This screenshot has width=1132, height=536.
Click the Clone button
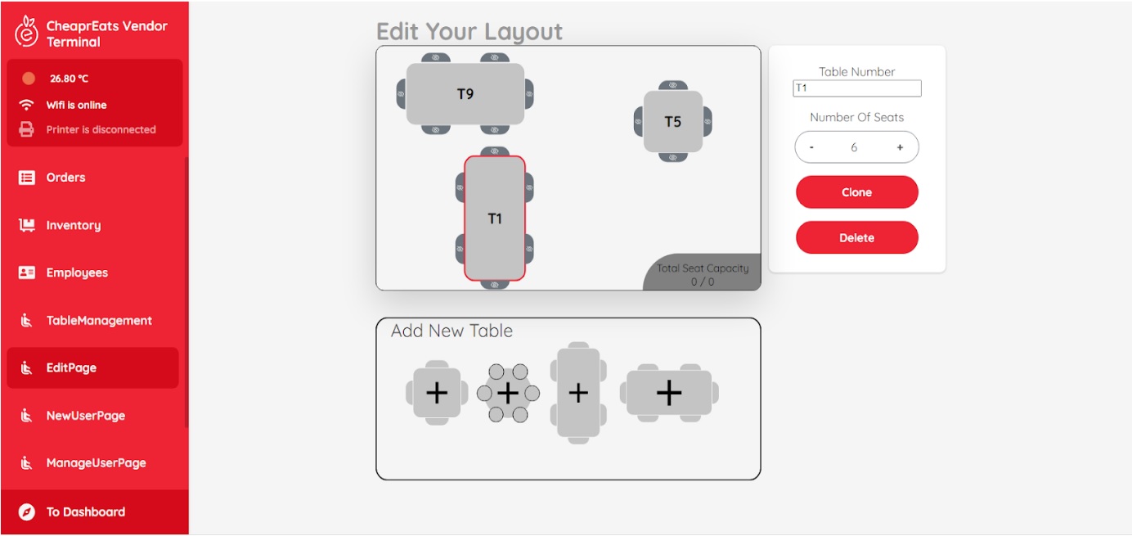point(856,192)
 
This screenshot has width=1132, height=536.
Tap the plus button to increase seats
point(900,148)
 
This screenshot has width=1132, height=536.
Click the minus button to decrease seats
point(811,148)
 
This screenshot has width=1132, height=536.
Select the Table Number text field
point(856,88)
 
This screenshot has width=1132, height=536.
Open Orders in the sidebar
point(65,178)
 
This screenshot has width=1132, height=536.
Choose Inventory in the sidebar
point(73,225)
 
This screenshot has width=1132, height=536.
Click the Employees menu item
point(77,273)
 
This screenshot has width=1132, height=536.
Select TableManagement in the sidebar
point(98,320)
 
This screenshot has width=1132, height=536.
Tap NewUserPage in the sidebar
point(85,416)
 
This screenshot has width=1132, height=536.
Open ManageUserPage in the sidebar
point(96,463)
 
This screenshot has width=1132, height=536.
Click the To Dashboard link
point(85,512)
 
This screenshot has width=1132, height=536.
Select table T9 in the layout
point(465,94)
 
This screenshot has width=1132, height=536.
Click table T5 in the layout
point(672,122)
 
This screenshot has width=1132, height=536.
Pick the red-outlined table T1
point(495,218)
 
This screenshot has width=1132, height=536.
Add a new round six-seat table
point(508,394)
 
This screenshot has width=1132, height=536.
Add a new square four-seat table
point(437,393)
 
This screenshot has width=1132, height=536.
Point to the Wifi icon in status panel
point(27,105)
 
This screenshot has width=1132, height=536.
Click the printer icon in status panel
point(27,129)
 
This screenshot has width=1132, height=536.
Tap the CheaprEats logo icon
point(27,33)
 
